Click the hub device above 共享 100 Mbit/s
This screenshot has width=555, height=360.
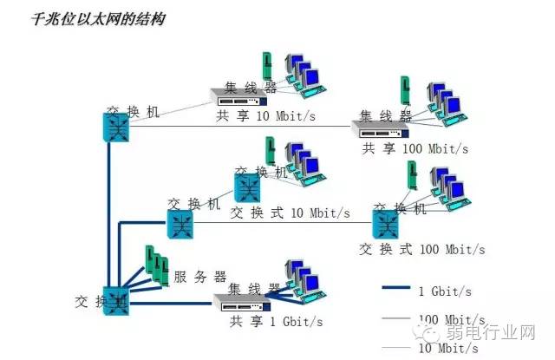pos(380,128)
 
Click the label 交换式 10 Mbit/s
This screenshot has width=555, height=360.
pos(291,213)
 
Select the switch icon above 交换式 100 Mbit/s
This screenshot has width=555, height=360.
pos(386,225)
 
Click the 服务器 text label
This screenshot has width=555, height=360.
pos(200,277)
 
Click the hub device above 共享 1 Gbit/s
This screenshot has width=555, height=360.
pos(240,301)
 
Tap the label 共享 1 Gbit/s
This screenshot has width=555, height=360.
pos(276,322)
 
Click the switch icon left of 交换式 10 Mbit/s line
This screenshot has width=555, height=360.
pos(181,225)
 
